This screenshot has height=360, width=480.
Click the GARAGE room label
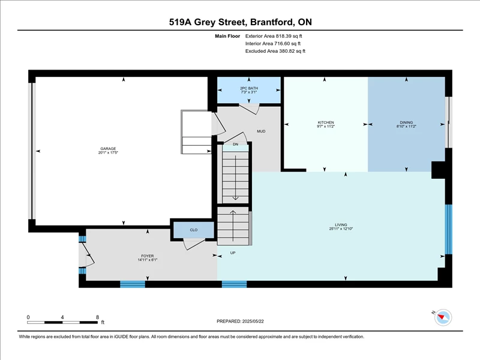[x=108, y=148]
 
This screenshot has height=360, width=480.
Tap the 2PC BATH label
[x=249, y=88]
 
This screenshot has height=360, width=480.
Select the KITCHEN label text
[x=326, y=122]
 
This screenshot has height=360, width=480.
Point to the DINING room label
[x=406, y=122]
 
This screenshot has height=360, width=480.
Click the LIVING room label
[x=341, y=224]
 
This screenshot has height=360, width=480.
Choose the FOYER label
[x=148, y=256]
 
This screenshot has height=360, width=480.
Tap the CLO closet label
[x=194, y=230]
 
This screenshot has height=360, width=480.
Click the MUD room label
[x=261, y=131]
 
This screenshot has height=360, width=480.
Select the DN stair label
[x=235, y=144]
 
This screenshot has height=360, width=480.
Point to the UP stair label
[x=233, y=253]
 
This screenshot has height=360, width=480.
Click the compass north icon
[x=443, y=317]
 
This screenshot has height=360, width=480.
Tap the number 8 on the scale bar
[x=98, y=317]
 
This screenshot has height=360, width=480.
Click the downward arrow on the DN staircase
[x=235, y=178]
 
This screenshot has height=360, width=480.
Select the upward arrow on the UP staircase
[x=233, y=226]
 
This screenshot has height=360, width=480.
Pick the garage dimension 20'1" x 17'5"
[x=108, y=152]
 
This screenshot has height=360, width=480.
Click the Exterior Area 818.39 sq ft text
[x=274, y=36]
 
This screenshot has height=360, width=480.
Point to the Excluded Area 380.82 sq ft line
[x=275, y=51]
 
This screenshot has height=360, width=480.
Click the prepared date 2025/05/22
[x=253, y=321]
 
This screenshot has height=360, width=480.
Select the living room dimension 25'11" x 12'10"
[x=341, y=229]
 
